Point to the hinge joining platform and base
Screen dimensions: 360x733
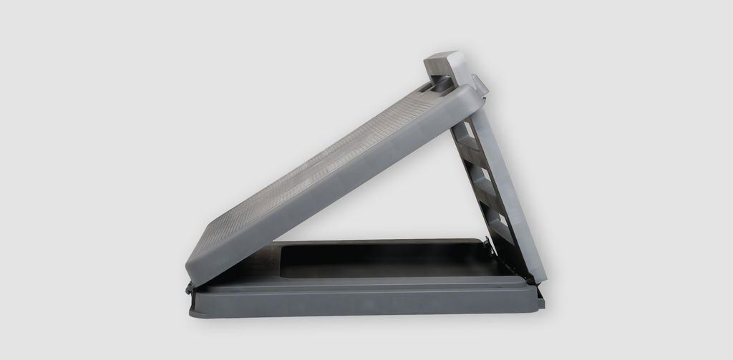[x=190, y=288]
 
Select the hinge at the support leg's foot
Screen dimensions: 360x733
[x=530, y=276]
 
